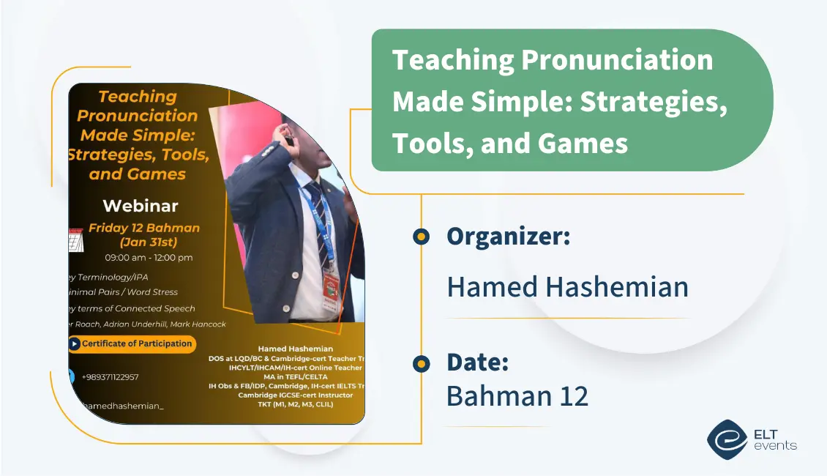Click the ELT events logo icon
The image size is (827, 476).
pos(727,438)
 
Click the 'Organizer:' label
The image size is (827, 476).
pos(508,237)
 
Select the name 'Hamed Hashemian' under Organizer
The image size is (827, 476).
pos(567,286)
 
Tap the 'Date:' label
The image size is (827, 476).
pos(477,362)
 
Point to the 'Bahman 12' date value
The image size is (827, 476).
pos(517,395)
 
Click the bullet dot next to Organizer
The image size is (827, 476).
pos(421,237)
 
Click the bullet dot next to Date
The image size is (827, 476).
pos(421,363)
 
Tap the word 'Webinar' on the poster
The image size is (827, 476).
pos(141,205)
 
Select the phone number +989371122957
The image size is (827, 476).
pos(110,377)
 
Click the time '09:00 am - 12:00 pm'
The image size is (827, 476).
pos(149,258)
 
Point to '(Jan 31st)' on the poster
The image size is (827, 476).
pos(149,242)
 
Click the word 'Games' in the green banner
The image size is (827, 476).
pos(583,143)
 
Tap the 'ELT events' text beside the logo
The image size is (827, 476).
pos(774,438)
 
